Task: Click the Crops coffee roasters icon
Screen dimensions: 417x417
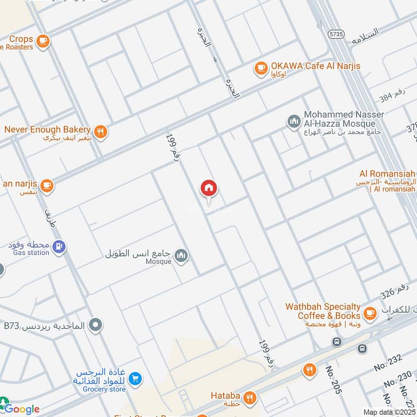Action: [43, 40]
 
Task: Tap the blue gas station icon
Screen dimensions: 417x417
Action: [59, 246]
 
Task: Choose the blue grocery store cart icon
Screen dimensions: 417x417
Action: [135, 379]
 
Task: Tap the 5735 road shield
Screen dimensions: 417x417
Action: [336, 33]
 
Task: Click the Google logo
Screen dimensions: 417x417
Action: [21, 409]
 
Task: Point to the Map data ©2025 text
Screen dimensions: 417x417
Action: [389, 412]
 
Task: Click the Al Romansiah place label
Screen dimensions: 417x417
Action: [387, 174]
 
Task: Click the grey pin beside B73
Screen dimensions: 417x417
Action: [95, 326]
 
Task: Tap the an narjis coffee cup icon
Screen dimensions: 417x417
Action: [47, 186]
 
